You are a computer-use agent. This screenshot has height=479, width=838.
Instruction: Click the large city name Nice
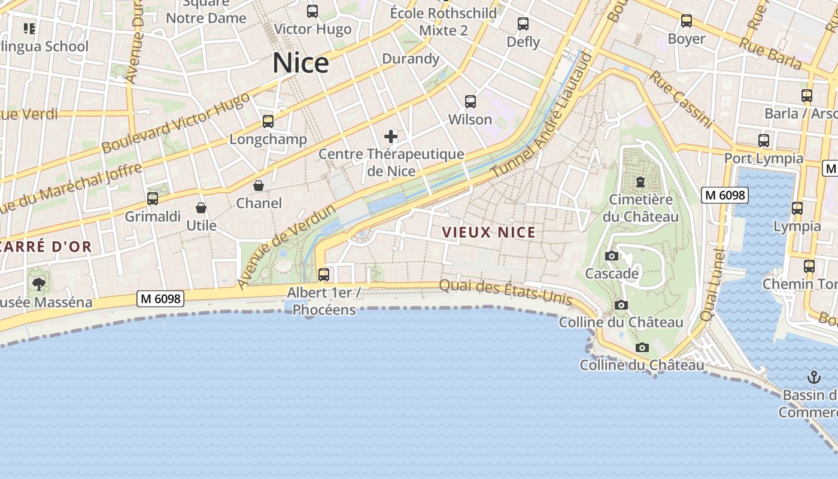[300, 63]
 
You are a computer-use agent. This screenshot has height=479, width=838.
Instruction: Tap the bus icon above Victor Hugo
[312, 11]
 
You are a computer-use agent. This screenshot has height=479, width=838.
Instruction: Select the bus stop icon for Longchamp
[268, 122]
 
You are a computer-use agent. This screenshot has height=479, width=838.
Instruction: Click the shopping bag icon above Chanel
[259, 186]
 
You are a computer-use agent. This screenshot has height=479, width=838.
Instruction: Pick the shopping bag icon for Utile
[201, 208]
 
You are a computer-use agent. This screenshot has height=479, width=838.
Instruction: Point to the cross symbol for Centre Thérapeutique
[391, 137]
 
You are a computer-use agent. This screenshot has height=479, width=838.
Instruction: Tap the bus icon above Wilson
[470, 102]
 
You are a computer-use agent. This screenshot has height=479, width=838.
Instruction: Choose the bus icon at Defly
[523, 24]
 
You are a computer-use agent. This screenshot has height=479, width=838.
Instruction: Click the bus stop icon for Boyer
[687, 21]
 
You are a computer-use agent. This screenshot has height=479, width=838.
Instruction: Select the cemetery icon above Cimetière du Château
[640, 181]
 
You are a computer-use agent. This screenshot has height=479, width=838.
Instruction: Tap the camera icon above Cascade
[612, 256]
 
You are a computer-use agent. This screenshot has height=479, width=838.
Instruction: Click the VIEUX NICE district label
[488, 232]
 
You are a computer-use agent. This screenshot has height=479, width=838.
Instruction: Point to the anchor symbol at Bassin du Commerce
[813, 377]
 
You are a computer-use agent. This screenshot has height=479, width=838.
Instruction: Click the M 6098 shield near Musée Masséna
[160, 298]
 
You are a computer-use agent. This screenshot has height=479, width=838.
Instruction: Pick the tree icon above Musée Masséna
[39, 284]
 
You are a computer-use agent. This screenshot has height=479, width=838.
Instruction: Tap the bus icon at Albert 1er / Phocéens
[324, 275]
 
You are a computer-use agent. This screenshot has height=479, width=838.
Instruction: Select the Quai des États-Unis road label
[505, 293]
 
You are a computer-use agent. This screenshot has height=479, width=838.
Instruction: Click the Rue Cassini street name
[682, 99]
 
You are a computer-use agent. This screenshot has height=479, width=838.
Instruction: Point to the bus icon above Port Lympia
[764, 141]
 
